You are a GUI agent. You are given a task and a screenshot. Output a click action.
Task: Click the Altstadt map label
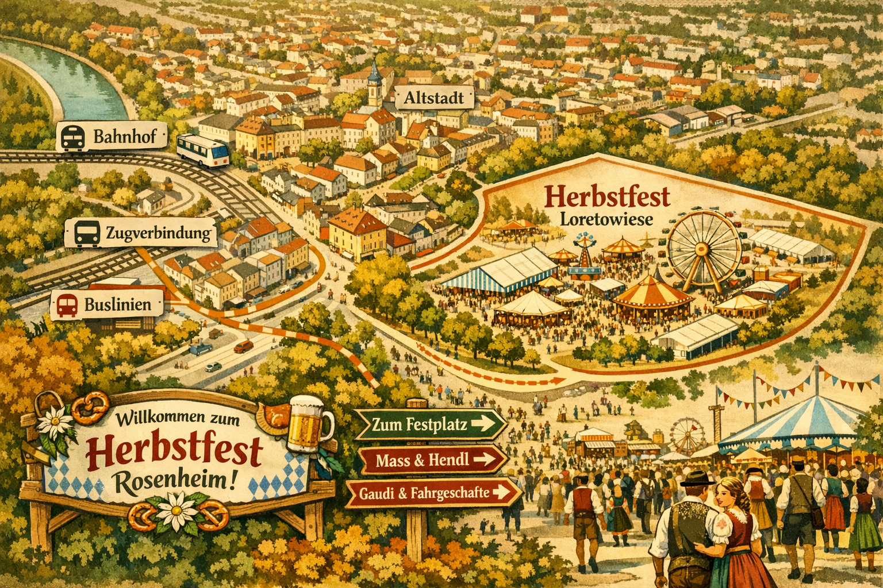(x=434, y=98)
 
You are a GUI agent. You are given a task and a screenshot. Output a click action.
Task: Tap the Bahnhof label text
(x=121, y=137)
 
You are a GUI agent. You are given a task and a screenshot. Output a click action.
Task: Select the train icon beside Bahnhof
(x=73, y=137)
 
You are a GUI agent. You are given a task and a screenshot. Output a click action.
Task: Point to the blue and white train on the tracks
(x=202, y=151)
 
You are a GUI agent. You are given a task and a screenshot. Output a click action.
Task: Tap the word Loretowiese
(x=606, y=219)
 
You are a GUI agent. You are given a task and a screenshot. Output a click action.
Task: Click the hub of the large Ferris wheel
(x=701, y=249)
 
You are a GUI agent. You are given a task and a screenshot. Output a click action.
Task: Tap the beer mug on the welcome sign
(x=308, y=424)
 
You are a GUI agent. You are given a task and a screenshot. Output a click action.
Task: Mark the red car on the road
(x=243, y=346)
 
